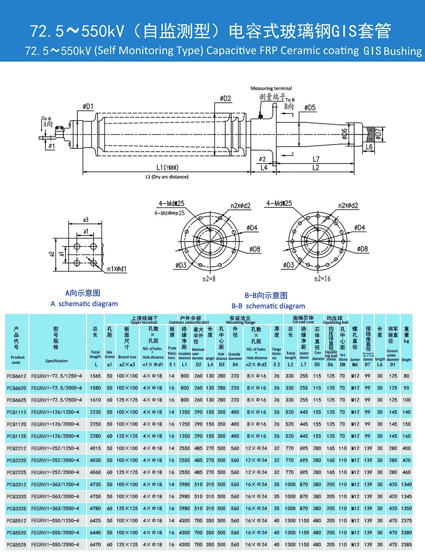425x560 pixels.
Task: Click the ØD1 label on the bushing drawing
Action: coord(88,107)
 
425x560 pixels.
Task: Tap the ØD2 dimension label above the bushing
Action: coord(225,99)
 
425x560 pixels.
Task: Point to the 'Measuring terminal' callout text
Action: coord(271,88)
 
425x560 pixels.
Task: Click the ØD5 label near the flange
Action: coord(310,108)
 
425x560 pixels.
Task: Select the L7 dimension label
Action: coord(316,159)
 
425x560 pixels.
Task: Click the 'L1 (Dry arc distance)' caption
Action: coord(167,177)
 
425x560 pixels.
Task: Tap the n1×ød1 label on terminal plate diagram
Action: coord(116,269)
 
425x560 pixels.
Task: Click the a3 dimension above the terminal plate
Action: coord(86,220)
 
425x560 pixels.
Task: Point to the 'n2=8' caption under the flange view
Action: coord(209,279)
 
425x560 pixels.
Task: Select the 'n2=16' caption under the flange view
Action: coord(322,279)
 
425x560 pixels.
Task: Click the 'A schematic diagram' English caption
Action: coord(84,304)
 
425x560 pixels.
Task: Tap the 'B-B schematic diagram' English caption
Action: coord(268,306)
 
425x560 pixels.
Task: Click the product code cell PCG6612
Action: coord(17,376)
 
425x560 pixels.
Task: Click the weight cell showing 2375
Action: coord(406,520)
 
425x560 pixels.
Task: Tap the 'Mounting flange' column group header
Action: coord(241,322)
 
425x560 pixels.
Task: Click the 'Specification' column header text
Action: coord(57,361)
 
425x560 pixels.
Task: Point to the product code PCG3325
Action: coord(17,509)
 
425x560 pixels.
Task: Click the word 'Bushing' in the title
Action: coord(402,51)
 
